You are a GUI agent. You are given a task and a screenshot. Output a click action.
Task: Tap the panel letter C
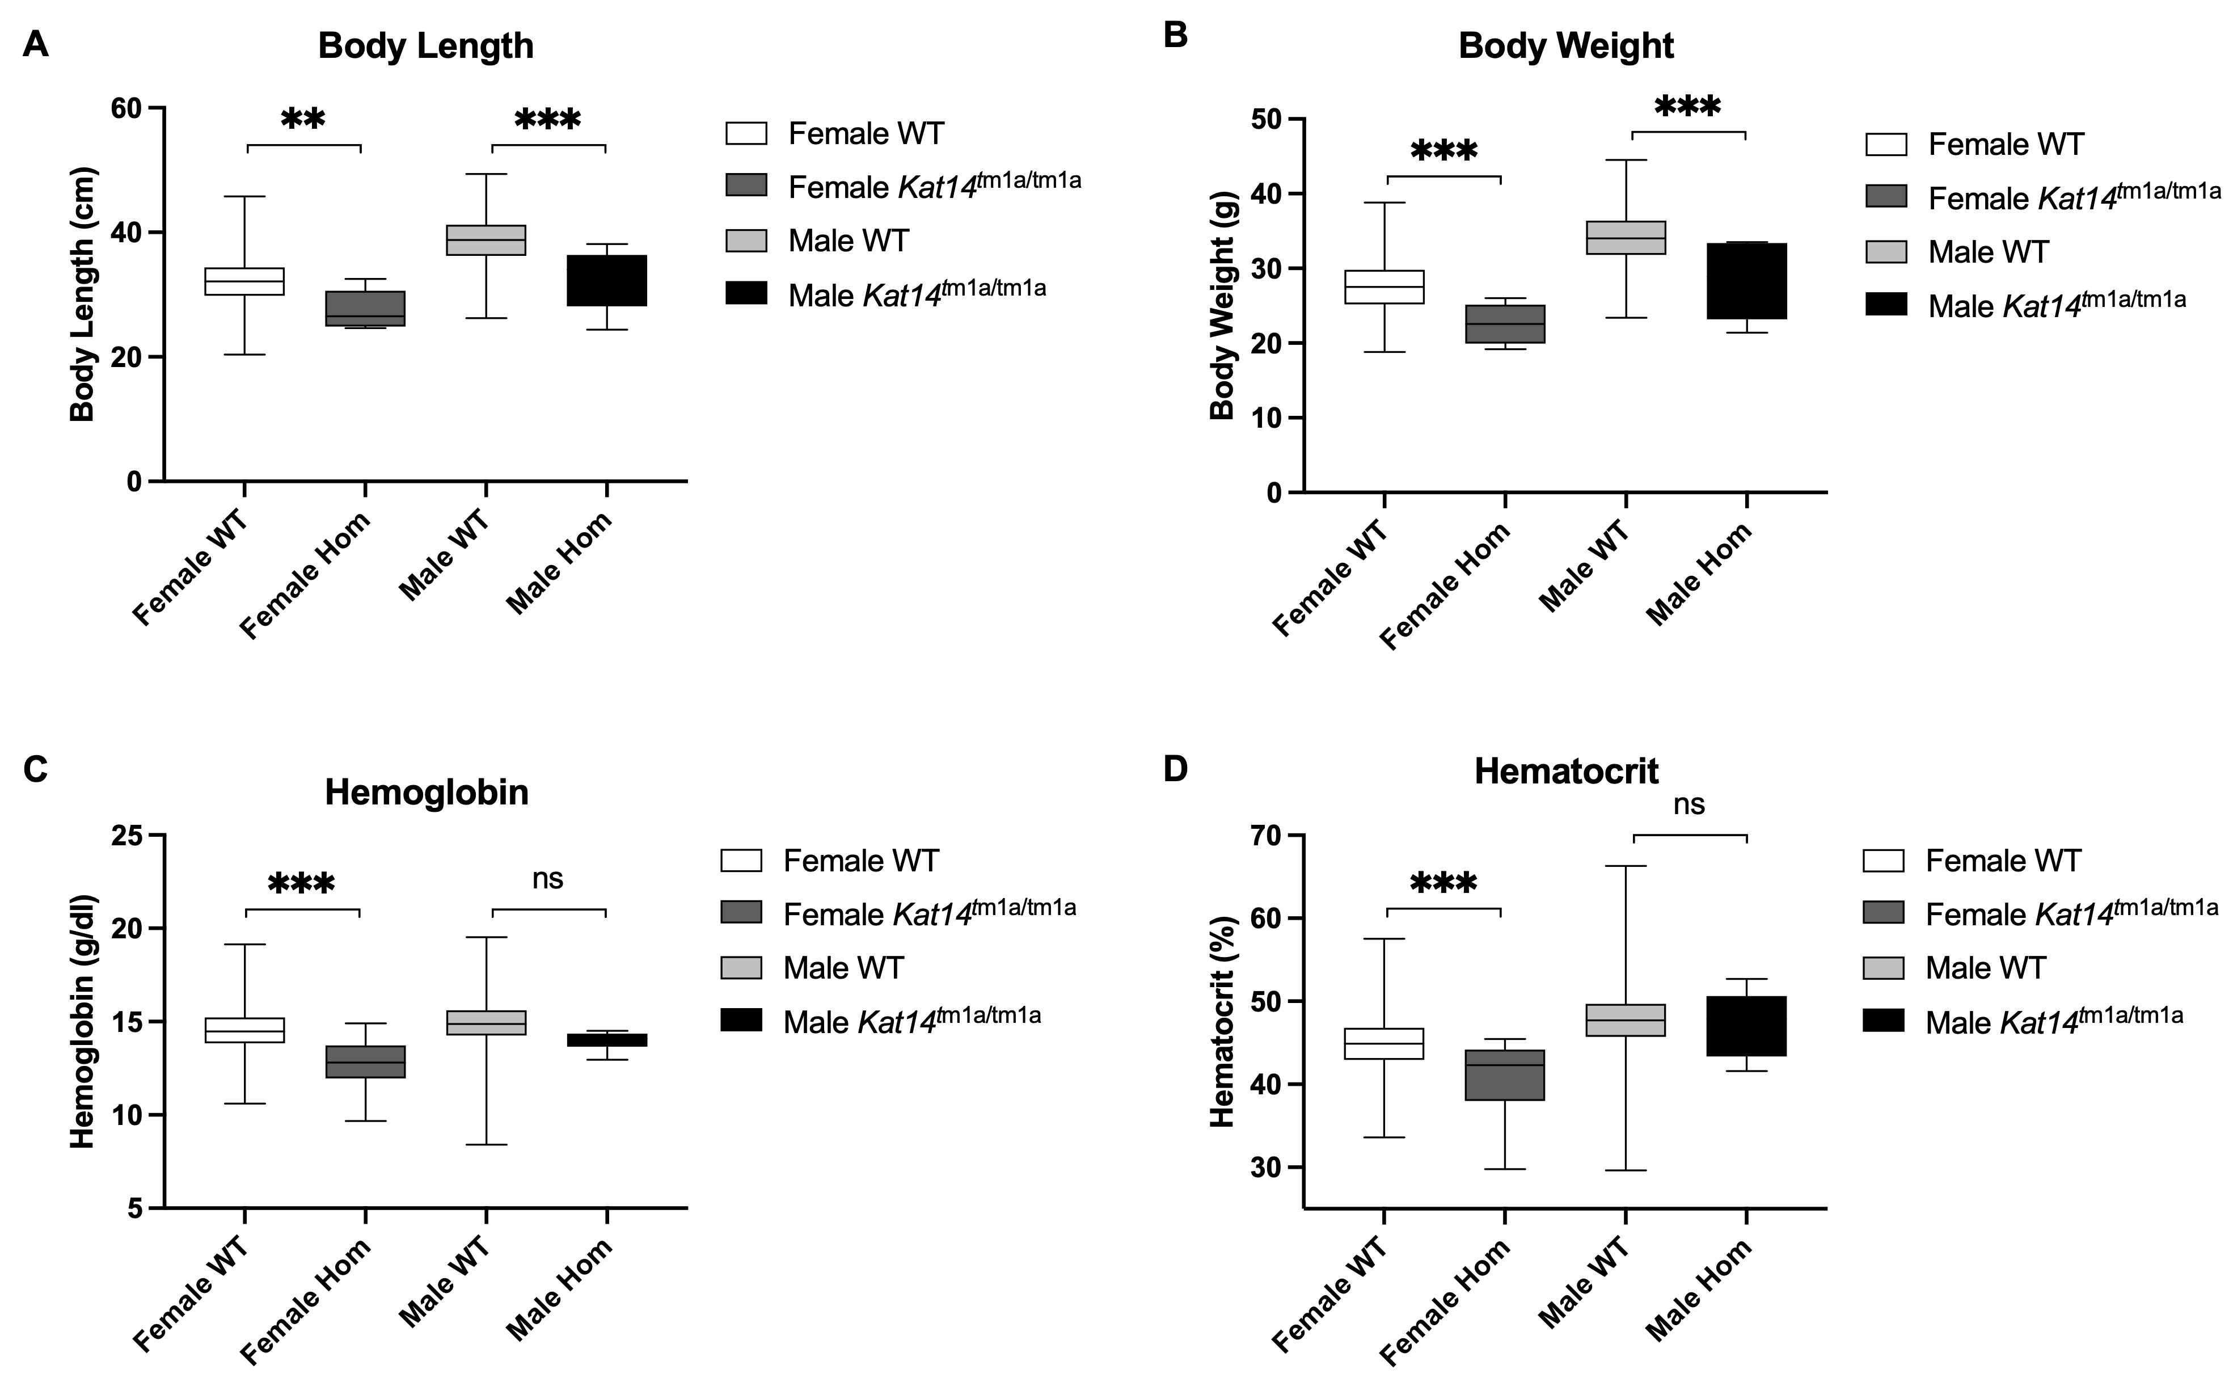point(36,769)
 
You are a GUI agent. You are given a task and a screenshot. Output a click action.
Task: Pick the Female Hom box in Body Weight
point(1504,325)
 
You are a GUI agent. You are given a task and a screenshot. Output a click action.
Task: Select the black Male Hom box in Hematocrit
point(1746,1026)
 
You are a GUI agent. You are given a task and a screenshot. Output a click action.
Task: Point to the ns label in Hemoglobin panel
point(547,879)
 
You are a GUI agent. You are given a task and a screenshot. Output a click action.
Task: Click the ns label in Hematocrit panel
point(1688,805)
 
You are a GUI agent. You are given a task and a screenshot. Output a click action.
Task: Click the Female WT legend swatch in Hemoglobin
point(741,861)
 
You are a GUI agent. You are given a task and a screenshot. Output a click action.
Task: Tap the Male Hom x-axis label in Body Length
point(558,563)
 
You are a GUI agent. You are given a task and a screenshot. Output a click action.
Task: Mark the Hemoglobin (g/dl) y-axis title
point(83,1022)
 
